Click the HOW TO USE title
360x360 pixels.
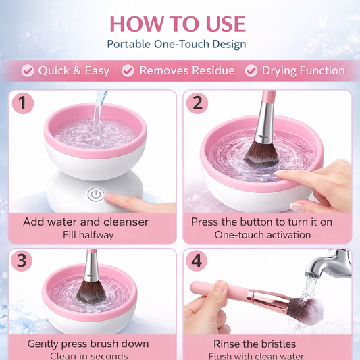pos(177,23)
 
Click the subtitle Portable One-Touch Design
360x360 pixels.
pos(177,45)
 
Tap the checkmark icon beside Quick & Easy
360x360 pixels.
pos(28,71)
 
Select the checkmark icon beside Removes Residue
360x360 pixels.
pos(128,71)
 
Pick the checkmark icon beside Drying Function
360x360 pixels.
pos(251,71)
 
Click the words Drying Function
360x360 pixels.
pos(303,71)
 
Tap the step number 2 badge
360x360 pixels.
pos(197,103)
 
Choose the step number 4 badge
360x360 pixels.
pos(197,261)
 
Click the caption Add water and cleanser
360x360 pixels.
pos(86,222)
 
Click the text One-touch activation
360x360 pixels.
pos(263,235)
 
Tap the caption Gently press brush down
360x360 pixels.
pos(88,344)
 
